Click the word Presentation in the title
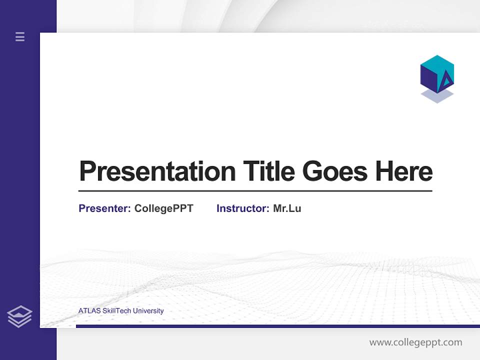(x=157, y=171)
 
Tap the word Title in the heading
(x=268, y=171)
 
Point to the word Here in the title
(x=403, y=171)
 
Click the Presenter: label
(x=104, y=208)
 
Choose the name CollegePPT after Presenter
(x=163, y=208)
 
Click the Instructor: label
(x=242, y=208)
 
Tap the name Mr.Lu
(x=287, y=208)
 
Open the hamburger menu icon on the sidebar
(x=20, y=36)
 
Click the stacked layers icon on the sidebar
(x=19, y=316)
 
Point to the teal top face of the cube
(x=437, y=64)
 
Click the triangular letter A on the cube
(x=445, y=81)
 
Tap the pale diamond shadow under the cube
(x=437, y=96)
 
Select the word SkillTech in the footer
(x=116, y=311)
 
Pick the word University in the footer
(x=148, y=311)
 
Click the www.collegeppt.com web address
(x=415, y=342)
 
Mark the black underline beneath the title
(x=255, y=191)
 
